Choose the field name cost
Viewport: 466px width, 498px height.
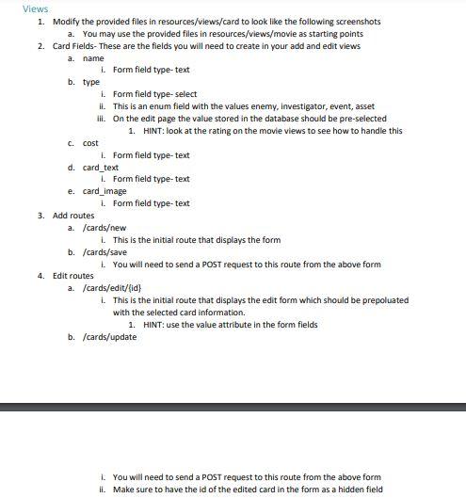(x=90, y=143)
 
